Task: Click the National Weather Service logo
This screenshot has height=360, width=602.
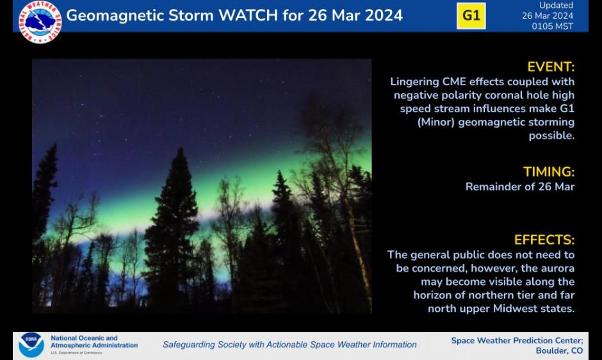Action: pyautogui.click(x=40, y=22)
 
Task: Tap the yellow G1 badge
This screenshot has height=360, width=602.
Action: pyautogui.click(x=471, y=16)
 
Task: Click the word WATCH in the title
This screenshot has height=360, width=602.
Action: pyautogui.click(x=248, y=16)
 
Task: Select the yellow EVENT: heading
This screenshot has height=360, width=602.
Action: pyautogui.click(x=551, y=67)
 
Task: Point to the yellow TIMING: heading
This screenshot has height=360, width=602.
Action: pyautogui.click(x=549, y=172)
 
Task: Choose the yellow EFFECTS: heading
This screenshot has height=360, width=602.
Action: pyautogui.click(x=544, y=240)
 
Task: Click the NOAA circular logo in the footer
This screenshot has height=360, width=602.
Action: pyautogui.click(x=31, y=345)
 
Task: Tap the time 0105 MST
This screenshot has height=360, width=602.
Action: pyautogui.click(x=553, y=26)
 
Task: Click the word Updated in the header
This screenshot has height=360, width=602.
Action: pyautogui.click(x=557, y=5)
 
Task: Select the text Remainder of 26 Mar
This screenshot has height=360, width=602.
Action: pyautogui.click(x=520, y=186)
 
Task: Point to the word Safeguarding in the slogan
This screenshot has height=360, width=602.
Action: pyautogui.click(x=188, y=345)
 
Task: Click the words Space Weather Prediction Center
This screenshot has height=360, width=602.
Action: pyautogui.click(x=517, y=341)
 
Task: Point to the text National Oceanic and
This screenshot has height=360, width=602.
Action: pyautogui.click(x=84, y=338)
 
